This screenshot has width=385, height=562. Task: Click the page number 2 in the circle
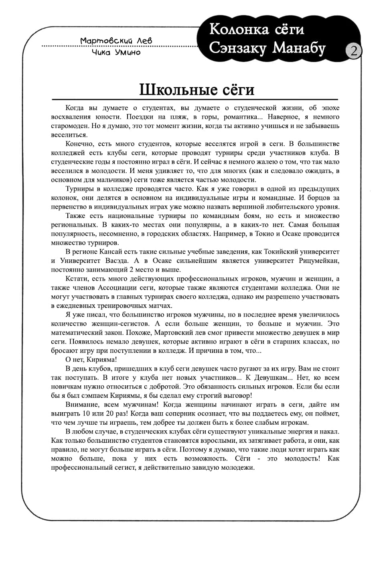(354, 51)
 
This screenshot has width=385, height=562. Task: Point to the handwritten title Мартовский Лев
(116, 41)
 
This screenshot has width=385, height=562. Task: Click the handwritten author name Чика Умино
(116, 52)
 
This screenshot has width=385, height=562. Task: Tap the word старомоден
(70, 126)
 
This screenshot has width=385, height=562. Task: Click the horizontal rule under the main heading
(195, 99)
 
